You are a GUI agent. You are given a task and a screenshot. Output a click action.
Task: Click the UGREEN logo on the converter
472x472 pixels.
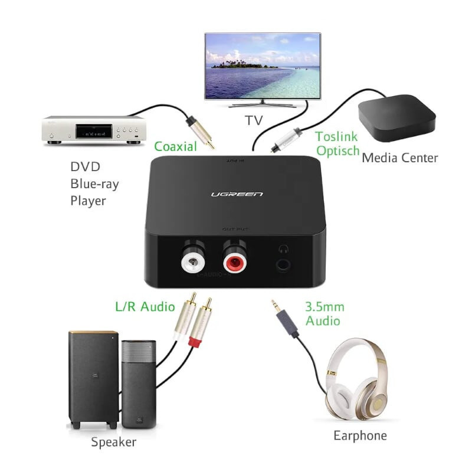(237, 194)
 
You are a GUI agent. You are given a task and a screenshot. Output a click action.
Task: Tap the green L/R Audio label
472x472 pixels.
(145, 306)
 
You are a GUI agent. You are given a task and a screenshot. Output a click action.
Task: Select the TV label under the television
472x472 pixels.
(254, 120)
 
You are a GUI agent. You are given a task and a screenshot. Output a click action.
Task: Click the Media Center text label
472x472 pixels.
(399, 158)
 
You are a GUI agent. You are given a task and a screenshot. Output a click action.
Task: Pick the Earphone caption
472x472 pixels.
(360, 435)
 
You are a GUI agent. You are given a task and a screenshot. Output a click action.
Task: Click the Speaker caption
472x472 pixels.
(114, 441)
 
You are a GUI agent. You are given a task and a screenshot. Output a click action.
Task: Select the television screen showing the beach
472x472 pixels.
(263, 65)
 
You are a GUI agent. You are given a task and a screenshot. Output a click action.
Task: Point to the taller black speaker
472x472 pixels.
(93, 378)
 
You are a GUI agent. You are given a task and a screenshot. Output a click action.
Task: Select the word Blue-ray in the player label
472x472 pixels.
(94, 183)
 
